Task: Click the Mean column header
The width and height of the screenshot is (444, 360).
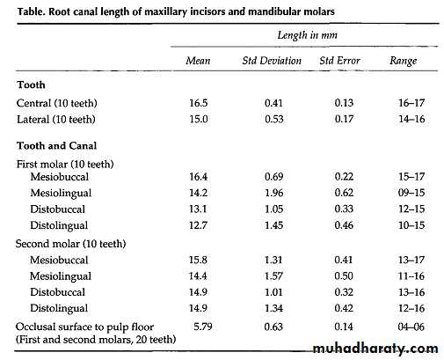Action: click(198, 61)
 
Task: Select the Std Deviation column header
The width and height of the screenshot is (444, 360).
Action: click(272, 61)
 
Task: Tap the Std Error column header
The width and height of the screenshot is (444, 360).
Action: click(339, 61)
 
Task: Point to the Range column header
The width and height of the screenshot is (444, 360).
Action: click(403, 61)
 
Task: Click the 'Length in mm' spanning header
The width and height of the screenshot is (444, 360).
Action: click(307, 35)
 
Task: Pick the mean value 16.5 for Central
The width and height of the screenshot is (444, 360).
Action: click(199, 103)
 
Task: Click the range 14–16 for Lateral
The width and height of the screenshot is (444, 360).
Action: click(411, 119)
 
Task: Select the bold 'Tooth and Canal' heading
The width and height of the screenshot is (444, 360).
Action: click(56, 146)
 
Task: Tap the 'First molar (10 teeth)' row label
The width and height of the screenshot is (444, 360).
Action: click(65, 164)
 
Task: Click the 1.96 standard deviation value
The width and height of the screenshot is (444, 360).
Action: click(273, 193)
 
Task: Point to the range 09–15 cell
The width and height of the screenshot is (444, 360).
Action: click(411, 193)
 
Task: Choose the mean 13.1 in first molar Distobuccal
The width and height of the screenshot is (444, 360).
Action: click(198, 209)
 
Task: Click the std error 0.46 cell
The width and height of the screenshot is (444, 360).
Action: click(344, 225)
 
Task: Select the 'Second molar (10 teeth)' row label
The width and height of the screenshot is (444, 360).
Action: click(70, 244)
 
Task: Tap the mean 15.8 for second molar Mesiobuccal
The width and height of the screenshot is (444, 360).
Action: click(198, 260)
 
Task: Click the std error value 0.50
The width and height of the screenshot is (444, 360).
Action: click(344, 276)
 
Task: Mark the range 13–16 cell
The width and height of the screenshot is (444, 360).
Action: click(411, 292)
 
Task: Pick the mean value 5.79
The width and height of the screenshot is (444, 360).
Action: click(203, 327)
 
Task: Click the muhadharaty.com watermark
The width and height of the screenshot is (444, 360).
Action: click(375, 349)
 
